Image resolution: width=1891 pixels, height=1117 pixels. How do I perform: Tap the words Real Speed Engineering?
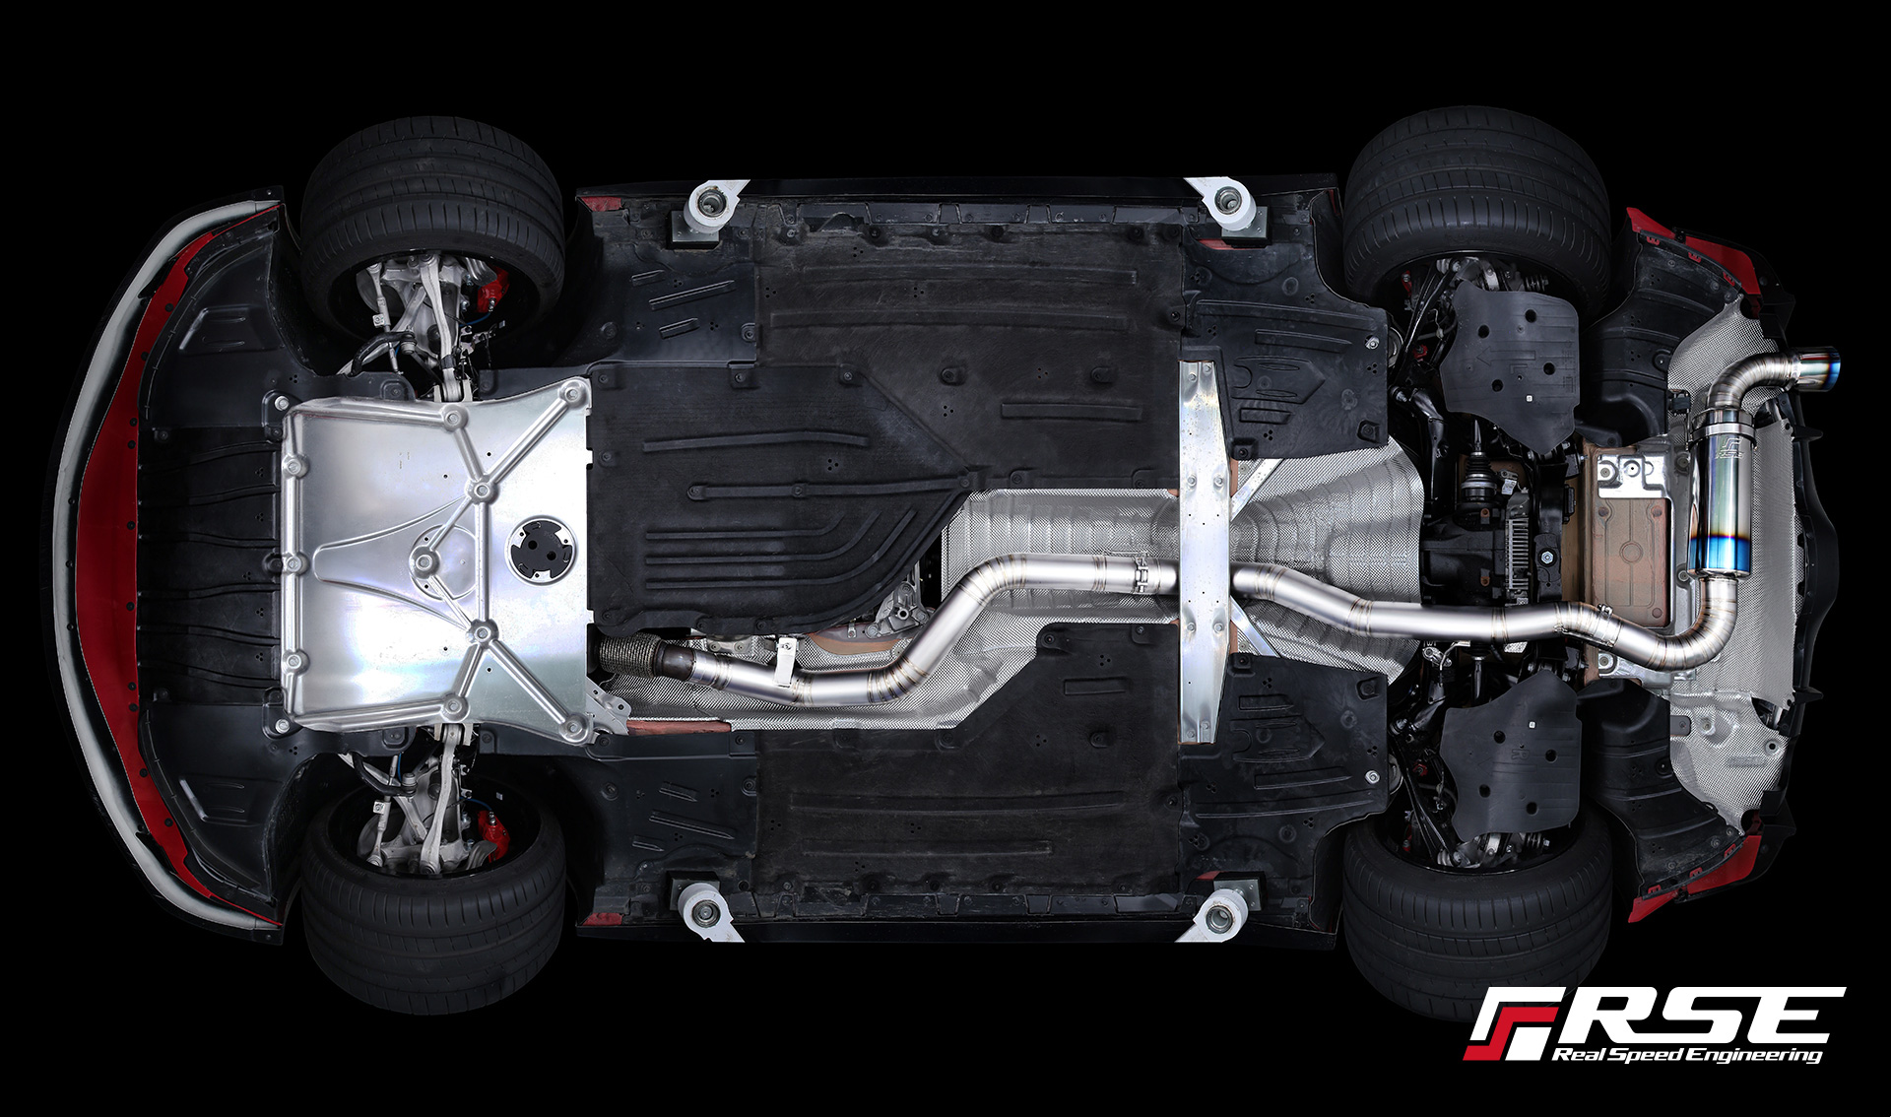pos(1687,1054)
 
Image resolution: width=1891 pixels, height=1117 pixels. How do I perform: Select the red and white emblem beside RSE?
pos(1509,1024)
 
